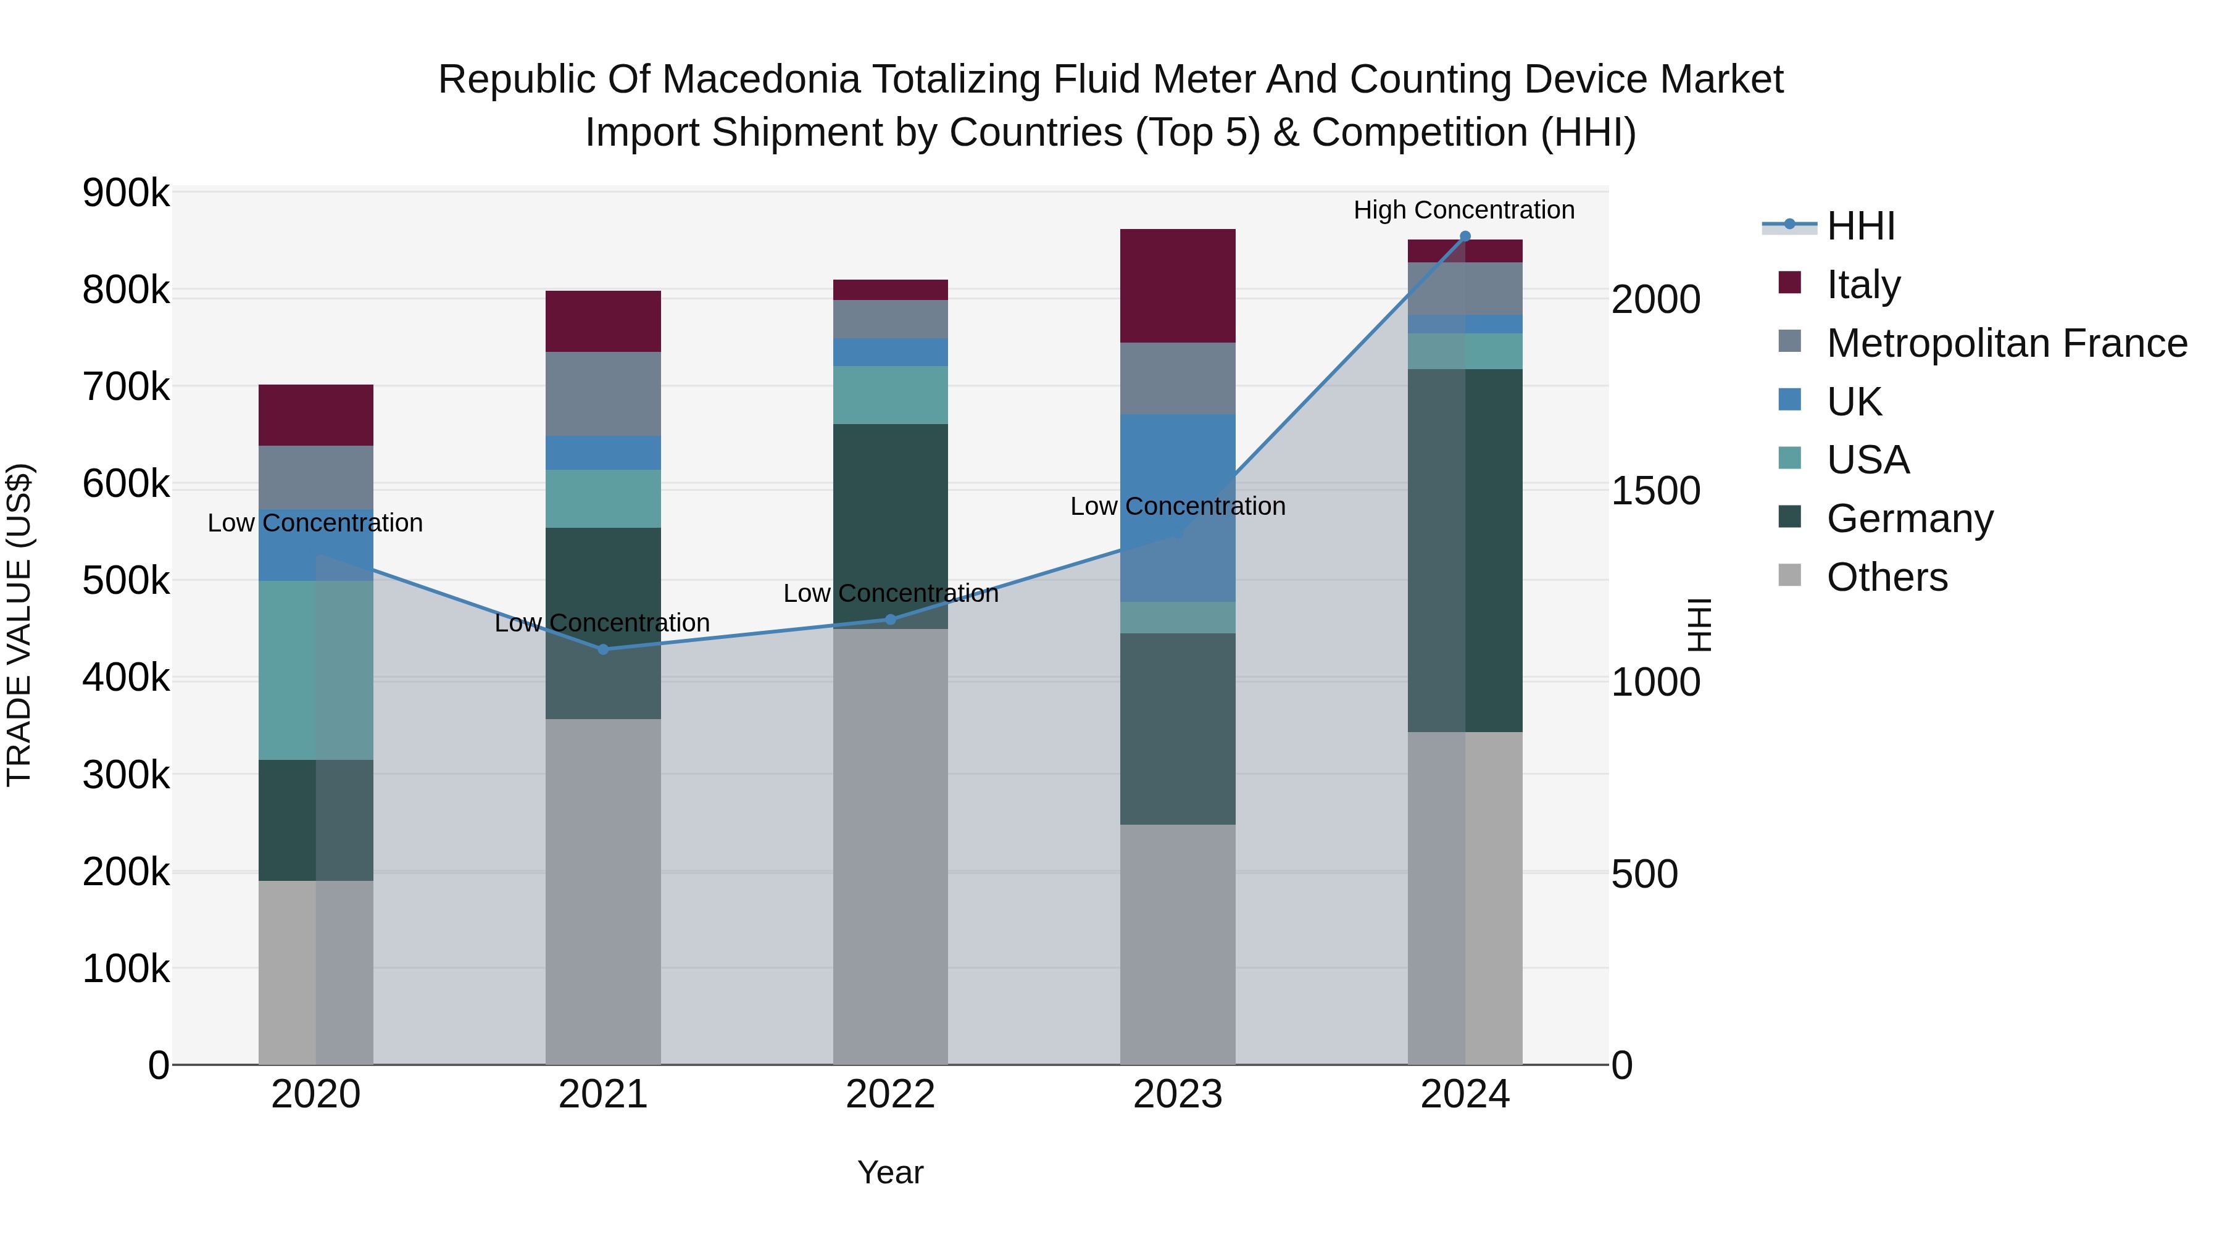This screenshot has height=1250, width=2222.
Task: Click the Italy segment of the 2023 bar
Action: [1178, 286]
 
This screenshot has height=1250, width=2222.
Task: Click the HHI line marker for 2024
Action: [1465, 236]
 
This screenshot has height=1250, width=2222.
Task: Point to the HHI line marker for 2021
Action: [603, 649]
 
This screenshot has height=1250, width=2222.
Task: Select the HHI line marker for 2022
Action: [890, 619]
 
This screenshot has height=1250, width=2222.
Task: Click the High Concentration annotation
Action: [1464, 210]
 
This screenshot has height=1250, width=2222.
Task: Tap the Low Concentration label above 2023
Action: [1178, 506]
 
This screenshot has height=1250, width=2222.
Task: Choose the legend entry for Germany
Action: [1910, 519]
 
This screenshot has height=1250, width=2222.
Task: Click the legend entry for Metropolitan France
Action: [2007, 343]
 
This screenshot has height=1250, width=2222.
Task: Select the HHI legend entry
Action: [1860, 226]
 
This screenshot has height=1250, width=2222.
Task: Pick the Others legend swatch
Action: [1790, 575]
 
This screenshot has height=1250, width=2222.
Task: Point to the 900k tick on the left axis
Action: [126, 193]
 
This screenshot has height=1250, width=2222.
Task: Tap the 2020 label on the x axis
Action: [315, 1094]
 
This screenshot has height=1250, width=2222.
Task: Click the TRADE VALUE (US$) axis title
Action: [19, 625]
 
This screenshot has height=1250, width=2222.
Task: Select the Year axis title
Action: [890, 1172]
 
